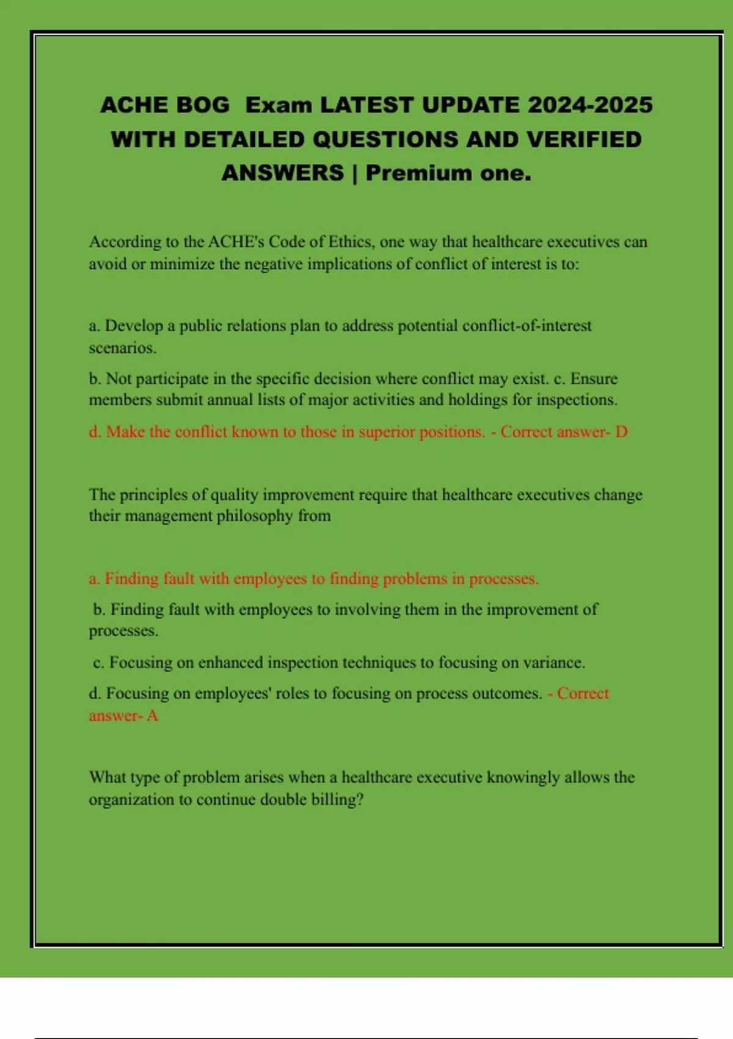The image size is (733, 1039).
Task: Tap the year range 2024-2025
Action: [590, 105]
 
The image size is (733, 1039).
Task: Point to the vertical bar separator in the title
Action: [355, 173]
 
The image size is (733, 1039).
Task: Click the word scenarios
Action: [122, 348]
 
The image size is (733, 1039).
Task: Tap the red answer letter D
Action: [621, 431]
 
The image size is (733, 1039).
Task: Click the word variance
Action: [554, 663]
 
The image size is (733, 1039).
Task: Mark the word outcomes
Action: [510, 694]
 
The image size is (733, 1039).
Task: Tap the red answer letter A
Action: [152, 716]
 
